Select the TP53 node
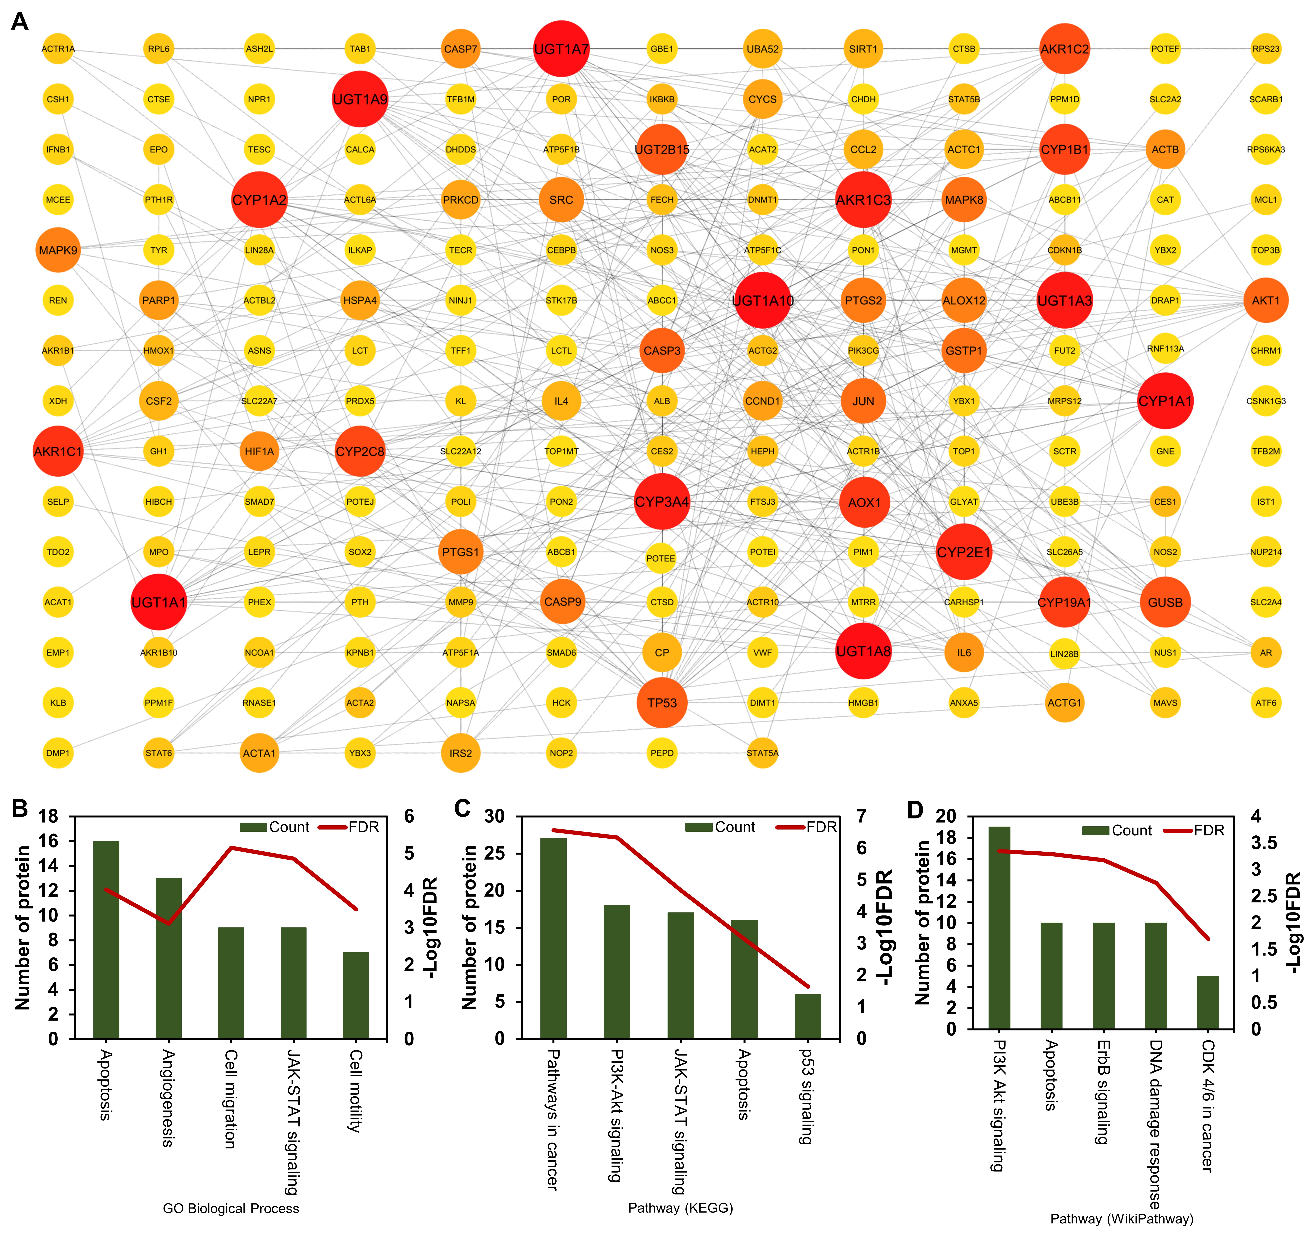662,702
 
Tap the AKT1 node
1265,300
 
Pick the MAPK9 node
58,250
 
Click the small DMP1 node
58,753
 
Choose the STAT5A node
762,753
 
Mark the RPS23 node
1265,49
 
